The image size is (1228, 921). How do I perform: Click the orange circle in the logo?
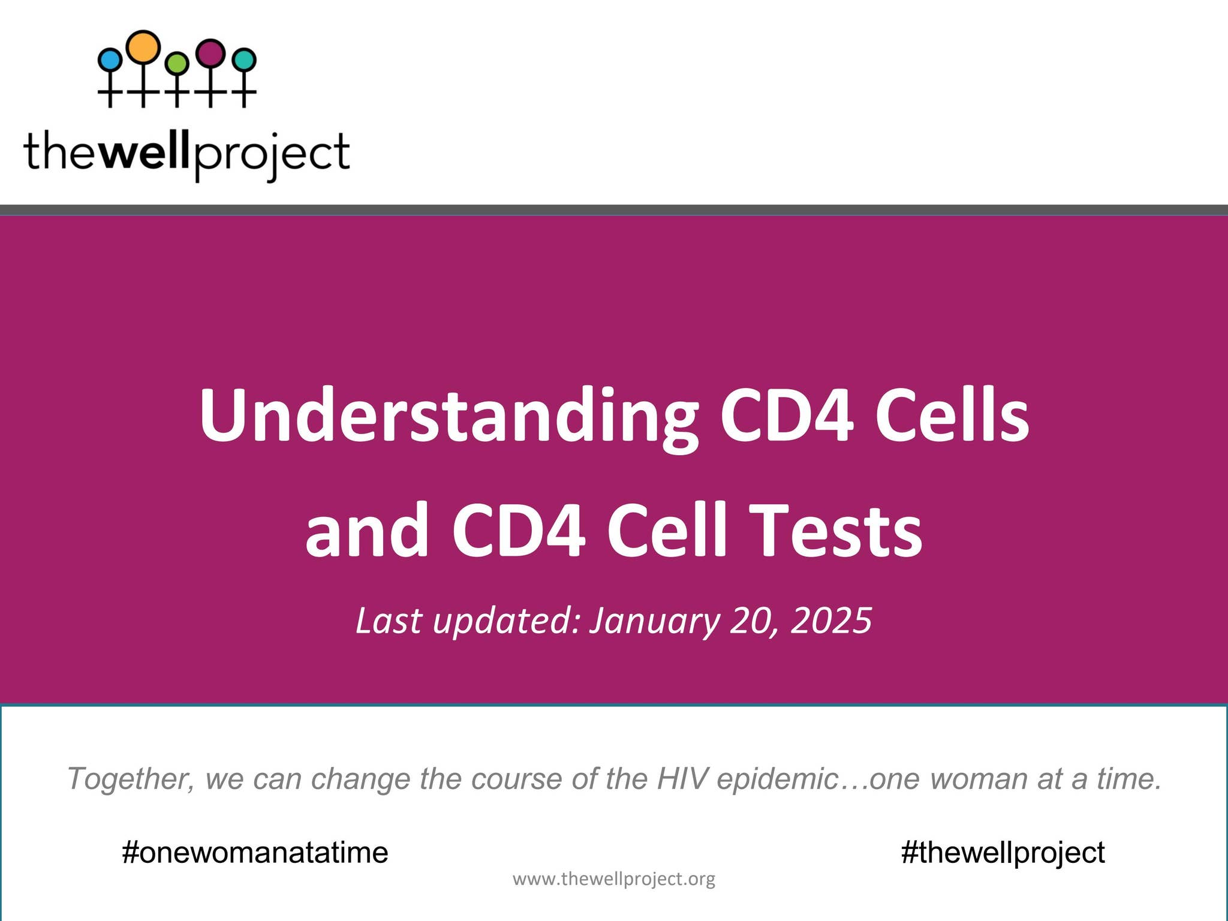[x=144, y=47]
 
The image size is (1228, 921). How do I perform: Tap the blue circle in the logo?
[x=110, y=60]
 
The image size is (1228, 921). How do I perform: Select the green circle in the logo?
[x=177, y=63]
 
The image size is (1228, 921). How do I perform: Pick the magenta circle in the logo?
[x=210, y=53]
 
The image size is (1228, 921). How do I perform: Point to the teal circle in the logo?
[x=244, y=60]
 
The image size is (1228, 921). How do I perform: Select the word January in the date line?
[x=654, y=621]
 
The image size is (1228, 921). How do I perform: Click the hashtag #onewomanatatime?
[x=255, y=852]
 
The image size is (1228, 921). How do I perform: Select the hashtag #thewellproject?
[x=1003, y=852]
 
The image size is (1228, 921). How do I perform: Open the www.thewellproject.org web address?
[x=613, y=879]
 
